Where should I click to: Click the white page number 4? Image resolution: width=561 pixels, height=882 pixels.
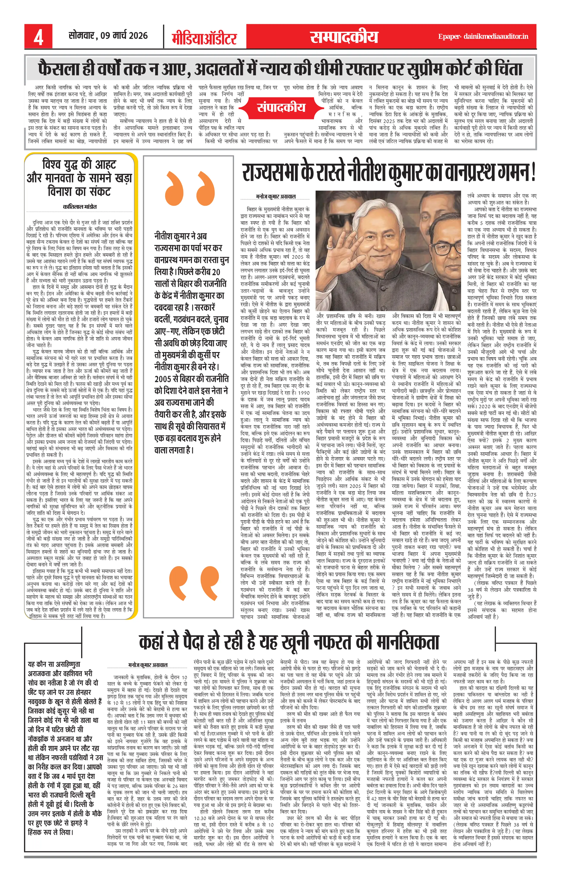coord(38,37)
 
